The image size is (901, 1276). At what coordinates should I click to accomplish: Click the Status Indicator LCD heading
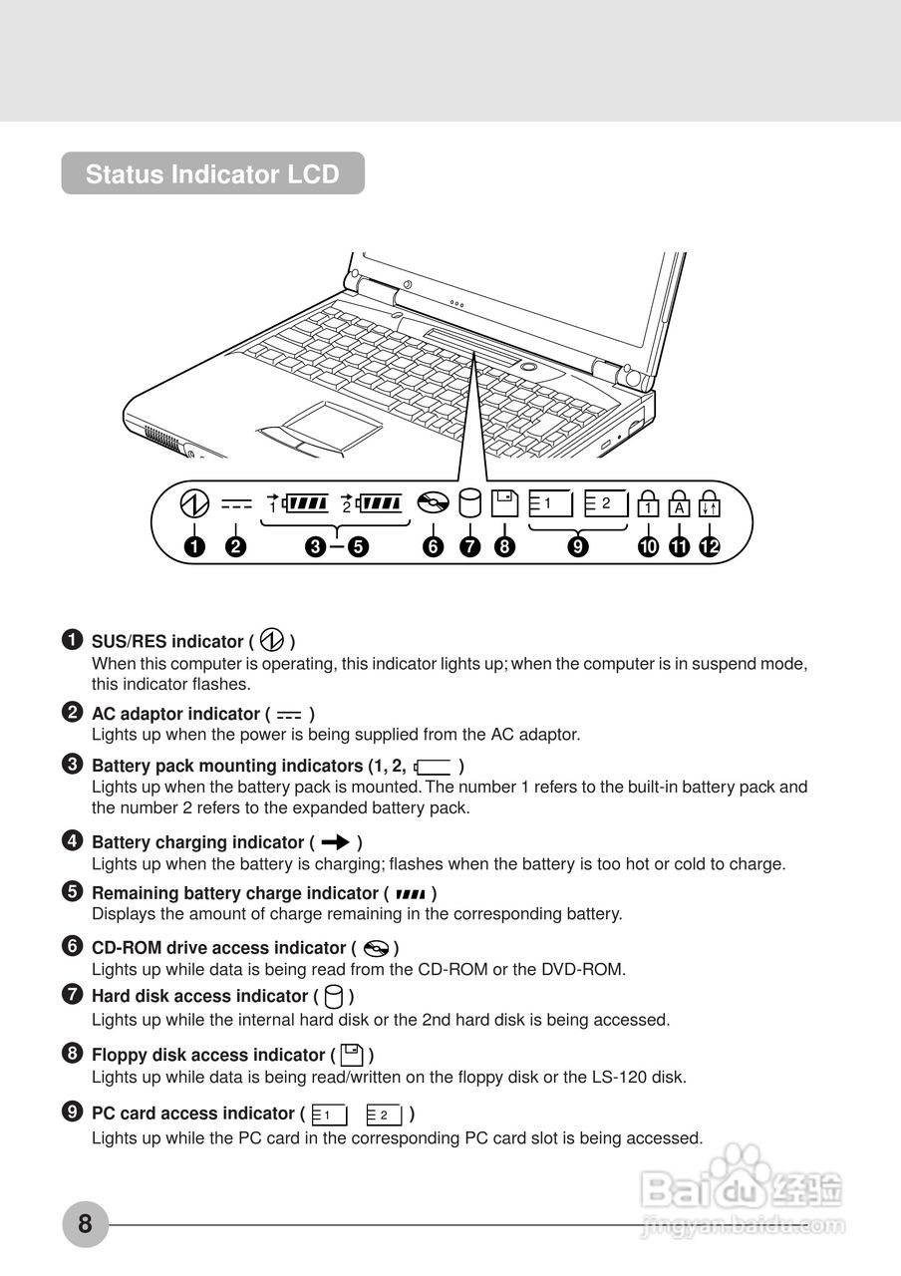[212, 173]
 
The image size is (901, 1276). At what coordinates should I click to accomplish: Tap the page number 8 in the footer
[85, 1222]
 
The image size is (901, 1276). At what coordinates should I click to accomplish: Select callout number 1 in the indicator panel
[194, 546]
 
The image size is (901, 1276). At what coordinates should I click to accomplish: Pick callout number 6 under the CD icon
[433, 546]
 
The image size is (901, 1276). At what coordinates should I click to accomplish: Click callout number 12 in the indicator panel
[710, 546]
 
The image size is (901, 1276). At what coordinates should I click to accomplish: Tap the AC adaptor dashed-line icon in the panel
[236, 505]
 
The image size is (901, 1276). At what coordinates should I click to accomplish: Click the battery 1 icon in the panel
[299, 503]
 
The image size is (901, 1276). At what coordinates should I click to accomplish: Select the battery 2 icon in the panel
[373, 503]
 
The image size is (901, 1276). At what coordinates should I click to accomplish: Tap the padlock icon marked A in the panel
[679, 503]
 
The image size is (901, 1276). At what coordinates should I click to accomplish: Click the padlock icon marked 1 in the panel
[648, 503]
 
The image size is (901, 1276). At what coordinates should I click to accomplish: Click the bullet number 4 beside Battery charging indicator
[72, 840]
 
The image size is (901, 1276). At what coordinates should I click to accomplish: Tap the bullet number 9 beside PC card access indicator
[72, 1112]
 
